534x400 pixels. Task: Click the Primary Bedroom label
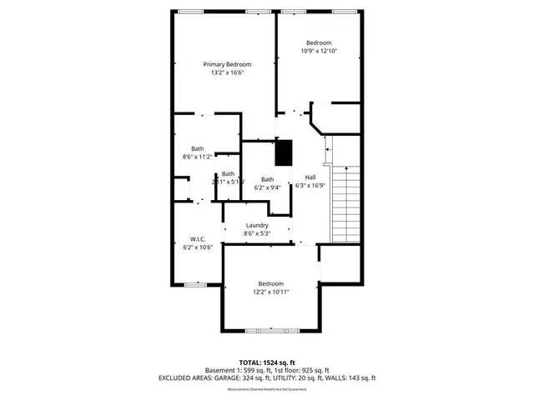click(x=228, y=64)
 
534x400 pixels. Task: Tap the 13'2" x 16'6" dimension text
click(x=228, y=73)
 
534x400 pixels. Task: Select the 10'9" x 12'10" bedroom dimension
click(x=318, y=52)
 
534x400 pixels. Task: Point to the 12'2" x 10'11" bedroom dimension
click(x=271, y=292)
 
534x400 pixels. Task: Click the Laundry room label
click(x=257, y=225)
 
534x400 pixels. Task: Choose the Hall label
click(x=310, y=177)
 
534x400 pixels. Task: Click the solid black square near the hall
click(x=285, y=152)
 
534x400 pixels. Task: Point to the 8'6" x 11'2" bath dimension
click(x=198, y=157)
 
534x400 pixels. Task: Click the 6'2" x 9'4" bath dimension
click(x=268, y=188)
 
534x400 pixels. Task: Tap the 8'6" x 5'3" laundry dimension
click(x=257, y=234)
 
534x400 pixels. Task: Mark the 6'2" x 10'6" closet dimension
click(x=198, y=247)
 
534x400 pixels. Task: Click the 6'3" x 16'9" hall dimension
click(x=310, y=186)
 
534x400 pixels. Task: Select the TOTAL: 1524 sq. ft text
click(x=267, y=362)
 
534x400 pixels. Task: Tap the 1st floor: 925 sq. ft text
click(x=302, y=370)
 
